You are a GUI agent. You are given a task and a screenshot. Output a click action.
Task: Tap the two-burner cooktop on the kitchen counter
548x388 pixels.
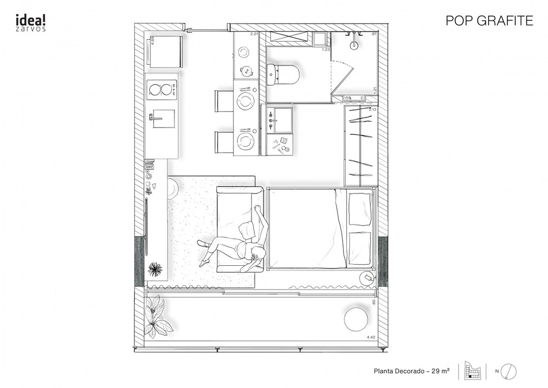point(162,89)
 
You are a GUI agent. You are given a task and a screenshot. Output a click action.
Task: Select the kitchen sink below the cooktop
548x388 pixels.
point(162,119)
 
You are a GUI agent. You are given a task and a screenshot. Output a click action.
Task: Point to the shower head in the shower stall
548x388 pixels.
point(354,44)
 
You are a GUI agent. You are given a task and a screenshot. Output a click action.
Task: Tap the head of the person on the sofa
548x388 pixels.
point(255,256)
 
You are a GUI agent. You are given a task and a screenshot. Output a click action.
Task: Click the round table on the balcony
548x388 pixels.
point(356,319)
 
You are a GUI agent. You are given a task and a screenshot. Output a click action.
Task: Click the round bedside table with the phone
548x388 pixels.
point(368,277)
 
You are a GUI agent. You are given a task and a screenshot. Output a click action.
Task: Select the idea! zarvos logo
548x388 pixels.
point(30,22)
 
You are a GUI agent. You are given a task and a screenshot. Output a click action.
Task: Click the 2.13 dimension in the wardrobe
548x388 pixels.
point(373,109)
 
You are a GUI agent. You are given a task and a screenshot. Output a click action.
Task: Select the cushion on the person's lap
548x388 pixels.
point(246,230)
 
